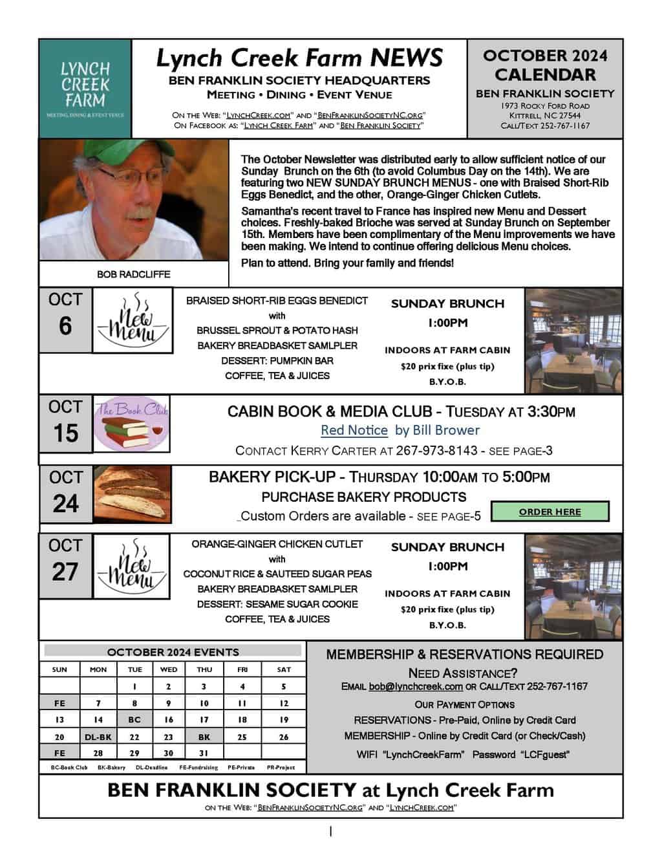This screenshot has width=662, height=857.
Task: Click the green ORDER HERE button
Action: tap(550, 512)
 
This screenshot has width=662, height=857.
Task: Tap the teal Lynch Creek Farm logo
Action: tap(85, 89)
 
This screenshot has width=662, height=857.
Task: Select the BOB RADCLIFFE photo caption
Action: tap(134, 274)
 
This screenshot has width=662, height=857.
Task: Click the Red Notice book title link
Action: tap(354, 430)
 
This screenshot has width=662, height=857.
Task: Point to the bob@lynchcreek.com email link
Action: tap(416, 686)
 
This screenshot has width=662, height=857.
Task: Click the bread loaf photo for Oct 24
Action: tap(133, 494)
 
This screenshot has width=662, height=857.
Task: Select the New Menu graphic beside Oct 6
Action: tap(133, 321)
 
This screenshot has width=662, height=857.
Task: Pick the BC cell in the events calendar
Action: tap(134, 719)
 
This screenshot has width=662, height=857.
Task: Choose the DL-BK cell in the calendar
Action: tap(98, 737)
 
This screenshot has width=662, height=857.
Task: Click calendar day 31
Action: tap(204, 753)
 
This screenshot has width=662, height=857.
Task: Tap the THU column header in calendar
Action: tap(204, 669)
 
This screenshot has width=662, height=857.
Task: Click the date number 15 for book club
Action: tap(66, 433)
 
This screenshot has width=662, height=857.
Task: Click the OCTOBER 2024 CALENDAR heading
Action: tap(545, 65)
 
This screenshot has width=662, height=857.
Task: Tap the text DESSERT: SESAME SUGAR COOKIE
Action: tap(277, 603)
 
